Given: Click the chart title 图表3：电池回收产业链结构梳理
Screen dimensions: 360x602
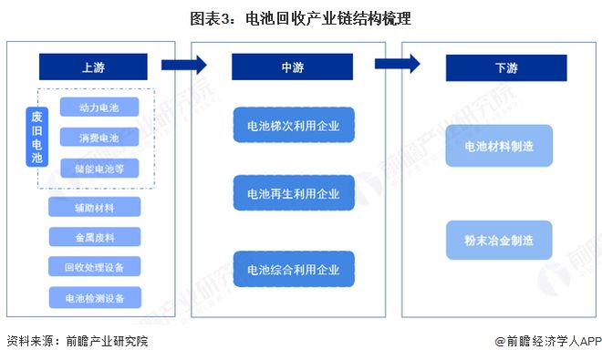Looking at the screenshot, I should point(300,17).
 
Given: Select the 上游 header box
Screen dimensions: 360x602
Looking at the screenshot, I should point(92,67).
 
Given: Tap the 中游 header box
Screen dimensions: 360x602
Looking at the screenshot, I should point(286,67).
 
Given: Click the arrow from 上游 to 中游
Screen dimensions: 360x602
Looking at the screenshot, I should point(183,64).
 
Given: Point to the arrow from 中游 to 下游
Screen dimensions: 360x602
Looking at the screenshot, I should point(398,64).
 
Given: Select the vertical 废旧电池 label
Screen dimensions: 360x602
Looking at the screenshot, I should point(36,137).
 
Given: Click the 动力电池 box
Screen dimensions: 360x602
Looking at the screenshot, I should point(99,108).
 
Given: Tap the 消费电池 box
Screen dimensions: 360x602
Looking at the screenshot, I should point(99,139).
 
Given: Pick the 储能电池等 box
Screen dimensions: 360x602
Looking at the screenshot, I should point(99,169).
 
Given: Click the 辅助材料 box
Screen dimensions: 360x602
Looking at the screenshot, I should point(95,207).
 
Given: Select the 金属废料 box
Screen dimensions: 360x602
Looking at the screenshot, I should point(95,237).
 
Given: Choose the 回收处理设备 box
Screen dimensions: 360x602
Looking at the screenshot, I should point(95,267).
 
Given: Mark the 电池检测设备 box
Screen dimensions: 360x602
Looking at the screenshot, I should point(95,297).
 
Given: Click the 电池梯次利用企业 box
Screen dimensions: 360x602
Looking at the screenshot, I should point(286,126).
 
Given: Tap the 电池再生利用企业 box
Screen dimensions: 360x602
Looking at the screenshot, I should point(286,193).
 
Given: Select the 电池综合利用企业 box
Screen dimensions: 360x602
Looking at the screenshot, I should point(286,269).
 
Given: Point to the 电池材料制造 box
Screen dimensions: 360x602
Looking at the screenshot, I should point(499,146).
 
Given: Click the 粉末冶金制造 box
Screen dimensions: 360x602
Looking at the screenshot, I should point(499,240).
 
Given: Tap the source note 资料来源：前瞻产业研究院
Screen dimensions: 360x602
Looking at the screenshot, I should point(77,341).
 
